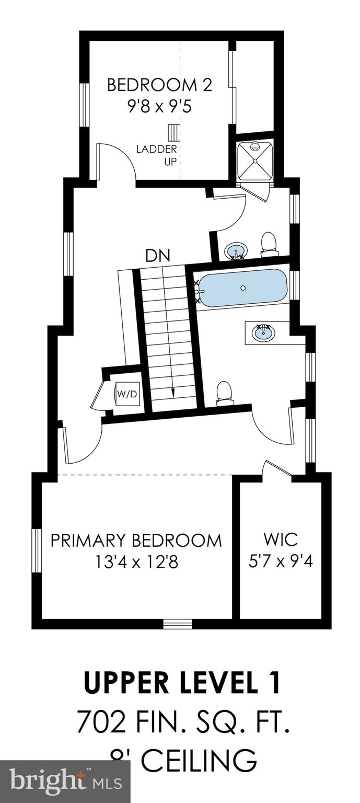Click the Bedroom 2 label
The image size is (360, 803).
(x=159, y=85)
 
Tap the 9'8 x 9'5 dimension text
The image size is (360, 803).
(x=159, y=107)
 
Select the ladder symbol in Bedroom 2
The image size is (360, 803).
(x=173, y=132)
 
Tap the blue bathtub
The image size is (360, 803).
(x=243, y=288)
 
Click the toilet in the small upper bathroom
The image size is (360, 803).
(x=269, y=244)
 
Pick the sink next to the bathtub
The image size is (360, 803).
(x=264, y=332)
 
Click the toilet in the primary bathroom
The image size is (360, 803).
(x=224, y=393)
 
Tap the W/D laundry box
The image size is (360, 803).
(x=127, y=394)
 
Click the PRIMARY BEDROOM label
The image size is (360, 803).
(x=136, y=540)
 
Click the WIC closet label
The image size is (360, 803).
(x=280, y=539)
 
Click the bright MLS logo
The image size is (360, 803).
(x=65, y=783)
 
